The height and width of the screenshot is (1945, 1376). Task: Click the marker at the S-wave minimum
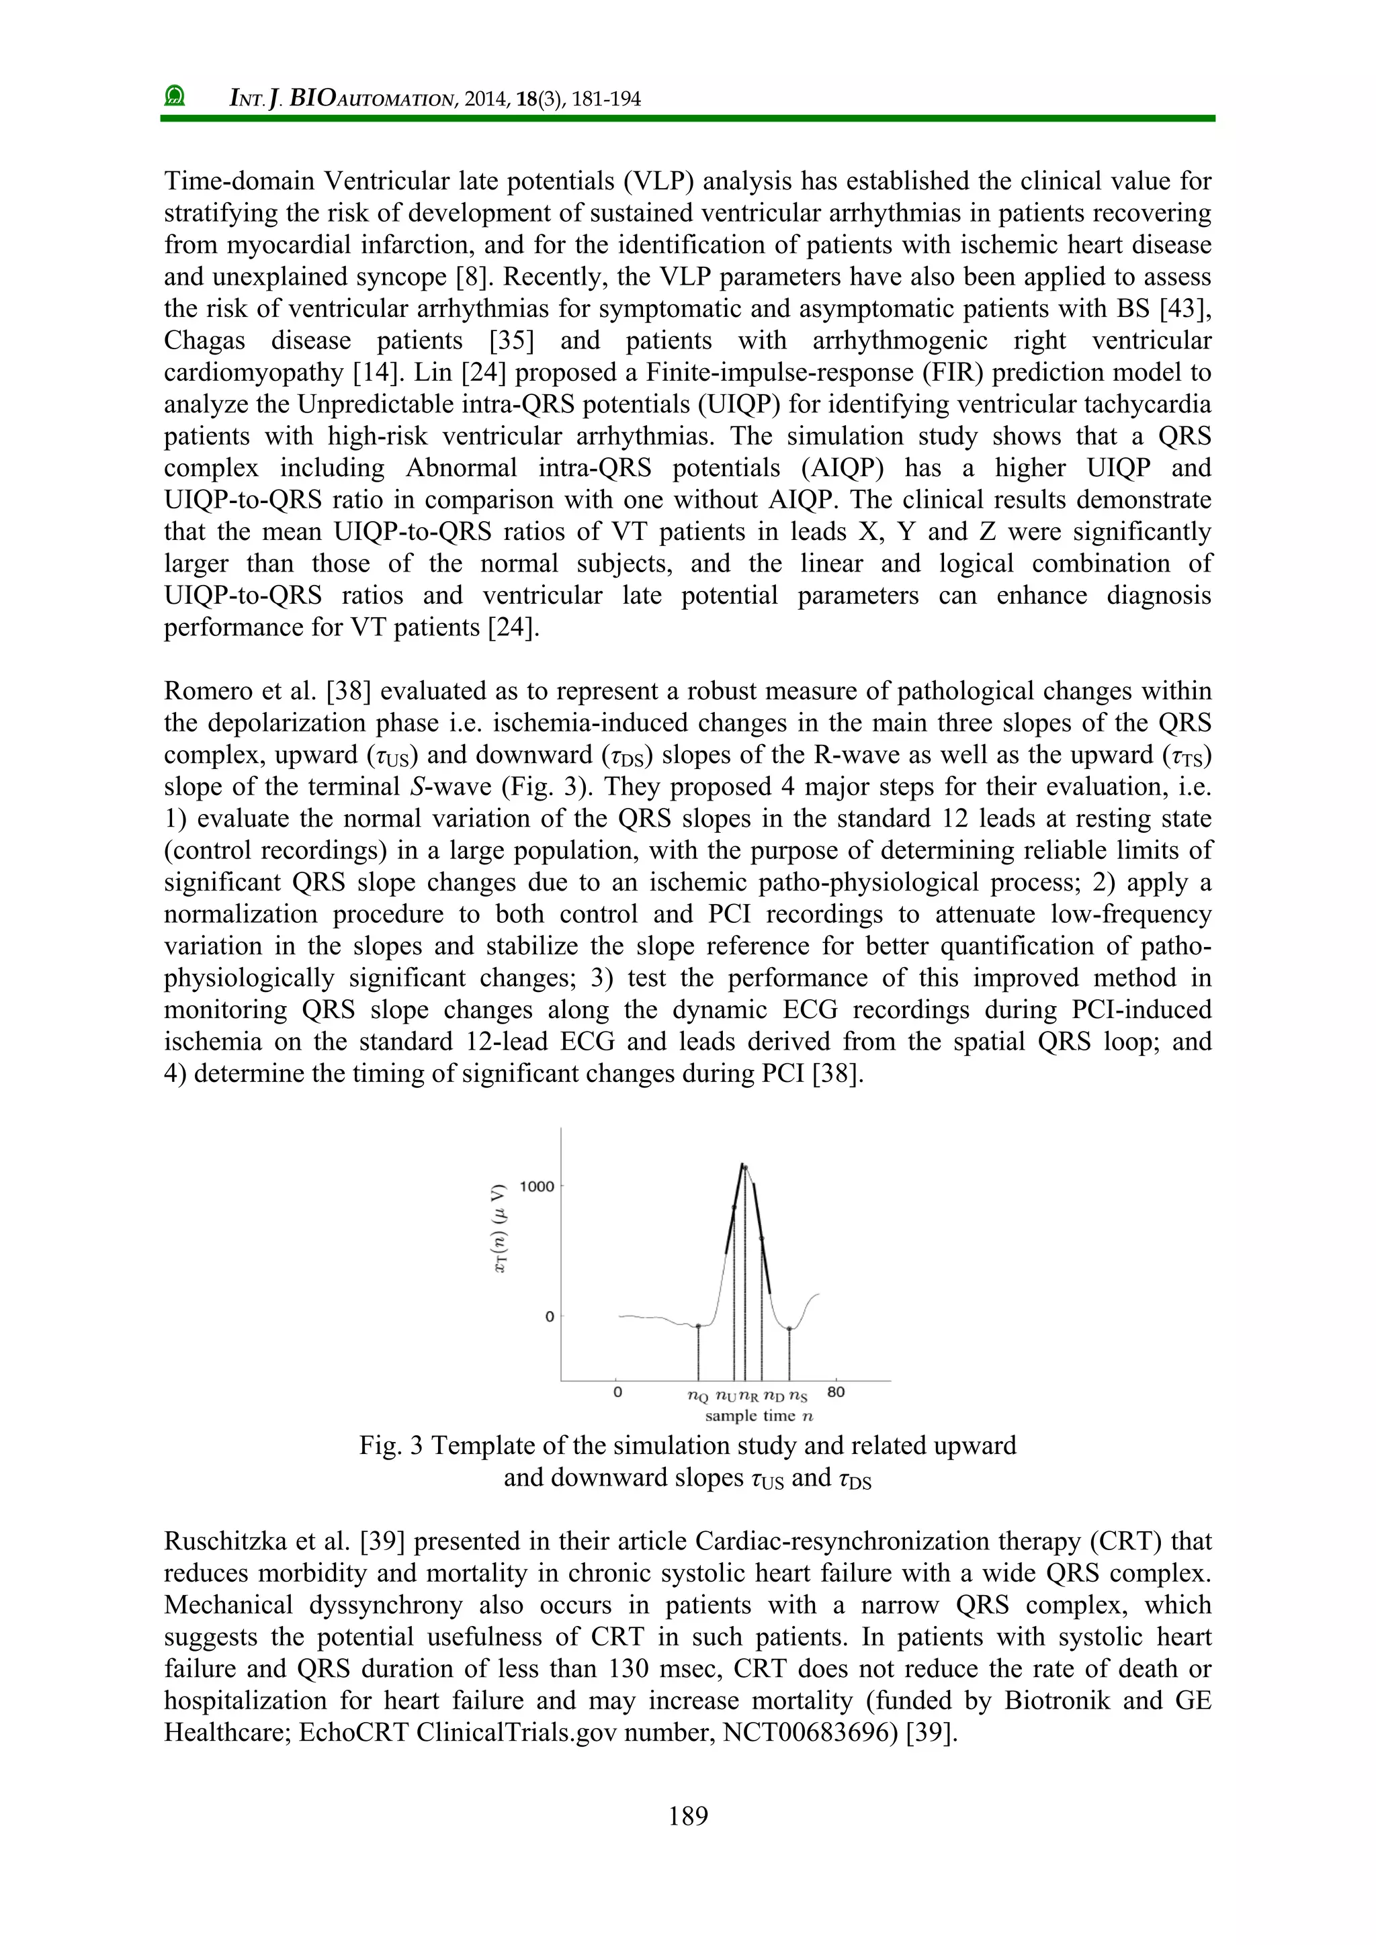tap(789, 1328)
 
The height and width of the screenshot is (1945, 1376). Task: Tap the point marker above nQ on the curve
tap(697, 1326)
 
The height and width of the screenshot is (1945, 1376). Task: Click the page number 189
tap(687, 1815)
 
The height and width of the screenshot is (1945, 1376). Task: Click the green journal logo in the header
tap(175, 97)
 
